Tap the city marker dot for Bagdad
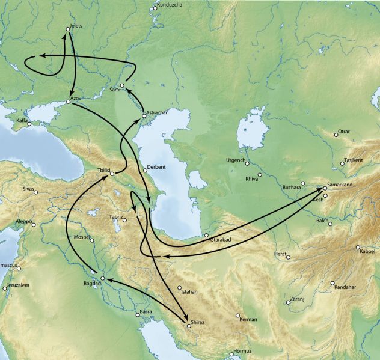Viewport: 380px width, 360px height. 103,278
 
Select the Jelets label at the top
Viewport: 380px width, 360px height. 76,26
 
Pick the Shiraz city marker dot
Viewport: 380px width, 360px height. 188,326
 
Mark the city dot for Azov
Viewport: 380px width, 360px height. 68,102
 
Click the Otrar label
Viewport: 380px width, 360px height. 345,132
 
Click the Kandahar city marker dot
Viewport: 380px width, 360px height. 332,283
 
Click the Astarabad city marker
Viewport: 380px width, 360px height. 206,235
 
